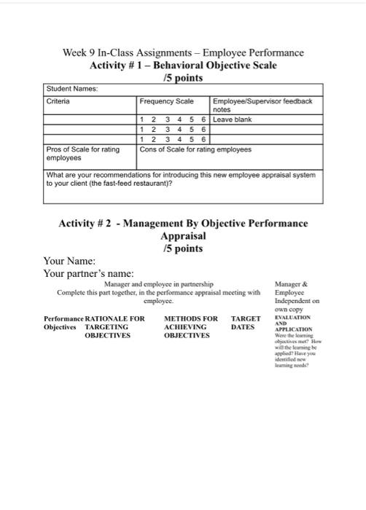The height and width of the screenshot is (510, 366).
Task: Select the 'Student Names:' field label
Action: click(71, 89)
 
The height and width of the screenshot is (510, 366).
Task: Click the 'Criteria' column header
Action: click(58, 101)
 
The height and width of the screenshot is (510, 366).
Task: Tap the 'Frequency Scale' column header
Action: click(167, 101)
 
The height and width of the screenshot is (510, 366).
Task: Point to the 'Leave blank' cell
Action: click(232, 119)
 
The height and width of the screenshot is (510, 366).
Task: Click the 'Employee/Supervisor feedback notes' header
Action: click(262, 105)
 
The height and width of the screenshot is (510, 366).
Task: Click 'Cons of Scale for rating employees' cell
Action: click(195, 149)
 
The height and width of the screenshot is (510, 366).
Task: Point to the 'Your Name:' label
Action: click(70, 260)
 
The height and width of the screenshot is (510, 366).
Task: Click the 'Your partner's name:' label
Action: click(88, 273)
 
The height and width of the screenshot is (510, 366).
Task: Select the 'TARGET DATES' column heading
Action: click(245, 323)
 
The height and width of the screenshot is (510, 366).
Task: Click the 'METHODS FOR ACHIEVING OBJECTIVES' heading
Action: click(191, 327)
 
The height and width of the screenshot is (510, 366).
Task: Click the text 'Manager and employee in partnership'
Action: click(159, 284)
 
